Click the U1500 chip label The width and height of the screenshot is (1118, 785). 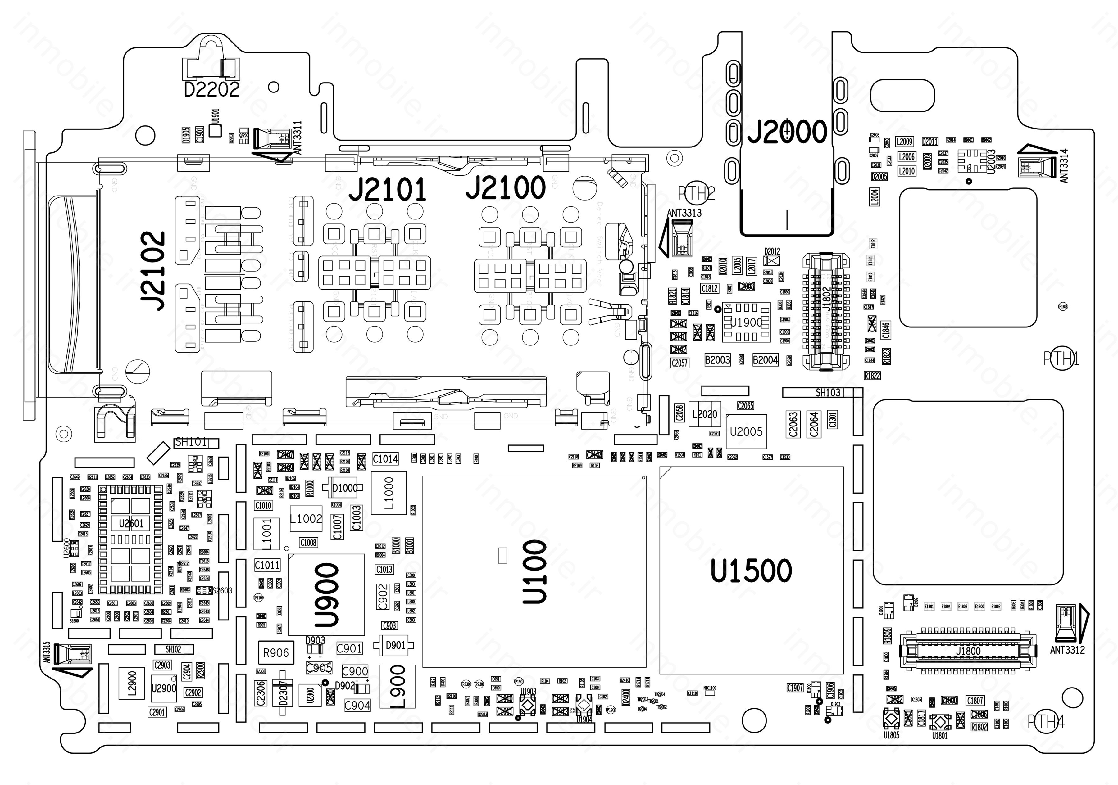pyautogui.click(x=751, y=571)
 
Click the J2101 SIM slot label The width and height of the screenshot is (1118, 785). pyautogui.click(x=388, y=190)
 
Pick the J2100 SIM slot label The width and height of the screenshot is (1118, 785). pyautogui.click(x=506, y=188)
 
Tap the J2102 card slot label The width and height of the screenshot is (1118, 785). pyautogui.click(x=153, y=271)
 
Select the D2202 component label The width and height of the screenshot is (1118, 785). pyautogui.click(x=212, y=89)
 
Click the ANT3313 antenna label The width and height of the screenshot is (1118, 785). pyautogui.click(x=684, y=213)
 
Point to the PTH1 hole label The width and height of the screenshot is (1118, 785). pyautogui.click(x=1061, y=359)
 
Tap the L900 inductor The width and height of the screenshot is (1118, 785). pyautogui.click(x=397, y=686)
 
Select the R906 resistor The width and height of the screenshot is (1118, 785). pyautogui.click(x=275, y=653)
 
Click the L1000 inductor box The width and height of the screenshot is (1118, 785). pyautogui.click(x=389, y=493)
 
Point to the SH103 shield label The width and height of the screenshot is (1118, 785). pyautogui.click(x=828, y=393)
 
